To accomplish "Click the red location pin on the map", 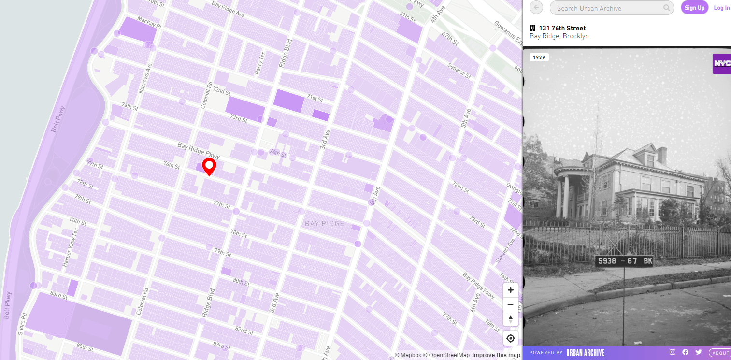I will (x=209, y=166).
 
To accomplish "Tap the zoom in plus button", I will (x=510, y=290).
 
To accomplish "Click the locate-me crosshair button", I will (x=510, y=338).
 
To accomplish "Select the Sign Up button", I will (x=694, y=8).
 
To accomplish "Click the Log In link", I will (x=722, y=8).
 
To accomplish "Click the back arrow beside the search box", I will (x=536, y=8).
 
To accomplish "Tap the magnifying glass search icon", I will (x=667, y=8).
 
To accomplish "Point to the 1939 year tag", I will (x=539, y=58).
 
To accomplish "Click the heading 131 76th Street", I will (x=562, y=28).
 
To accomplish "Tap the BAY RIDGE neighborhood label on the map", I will (x=325, y=224).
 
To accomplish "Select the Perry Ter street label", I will (x=260, y=63).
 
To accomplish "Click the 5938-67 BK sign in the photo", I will (x=625, y=261).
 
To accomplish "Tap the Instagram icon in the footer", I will (x=672, y=352).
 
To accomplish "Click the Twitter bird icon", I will (x=698, y=352).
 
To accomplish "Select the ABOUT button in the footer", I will (x=720, y=353).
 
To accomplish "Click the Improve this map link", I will (x=496, y=355).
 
